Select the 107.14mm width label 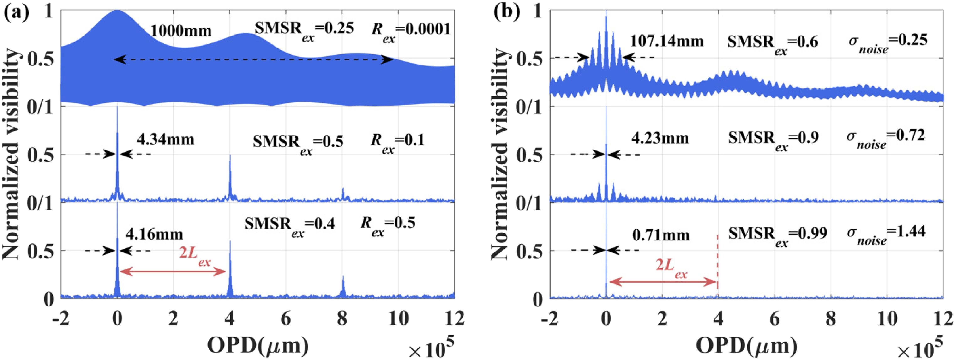(x=667, y=41)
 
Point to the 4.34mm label (x=165, y=140)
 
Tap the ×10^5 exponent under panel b (x=920, y=349)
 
